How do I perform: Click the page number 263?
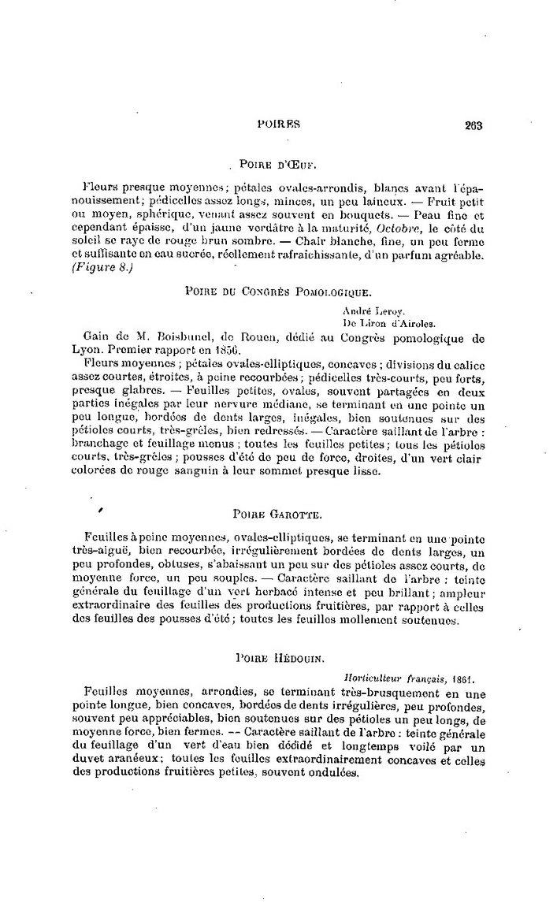(473, 124)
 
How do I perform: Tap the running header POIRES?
(280, 124)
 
